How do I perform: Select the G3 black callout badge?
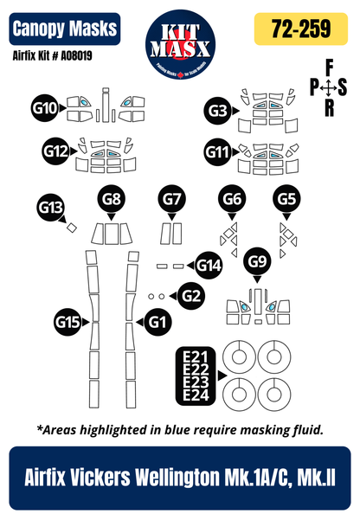point(218,110)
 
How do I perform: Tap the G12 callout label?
point(55,151)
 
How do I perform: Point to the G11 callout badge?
point(217,152)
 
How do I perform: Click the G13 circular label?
point(50,207)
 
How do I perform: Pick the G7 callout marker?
point(172,200)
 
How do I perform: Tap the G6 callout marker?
point(231,200)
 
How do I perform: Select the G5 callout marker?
point(288,200)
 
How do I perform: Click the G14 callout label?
point(208,266)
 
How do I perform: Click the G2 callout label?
point(192,296)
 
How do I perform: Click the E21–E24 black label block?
point(195,376)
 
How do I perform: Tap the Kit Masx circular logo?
point(180,41)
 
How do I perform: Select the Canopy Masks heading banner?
point(65,29)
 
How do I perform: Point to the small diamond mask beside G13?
point(73,228)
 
